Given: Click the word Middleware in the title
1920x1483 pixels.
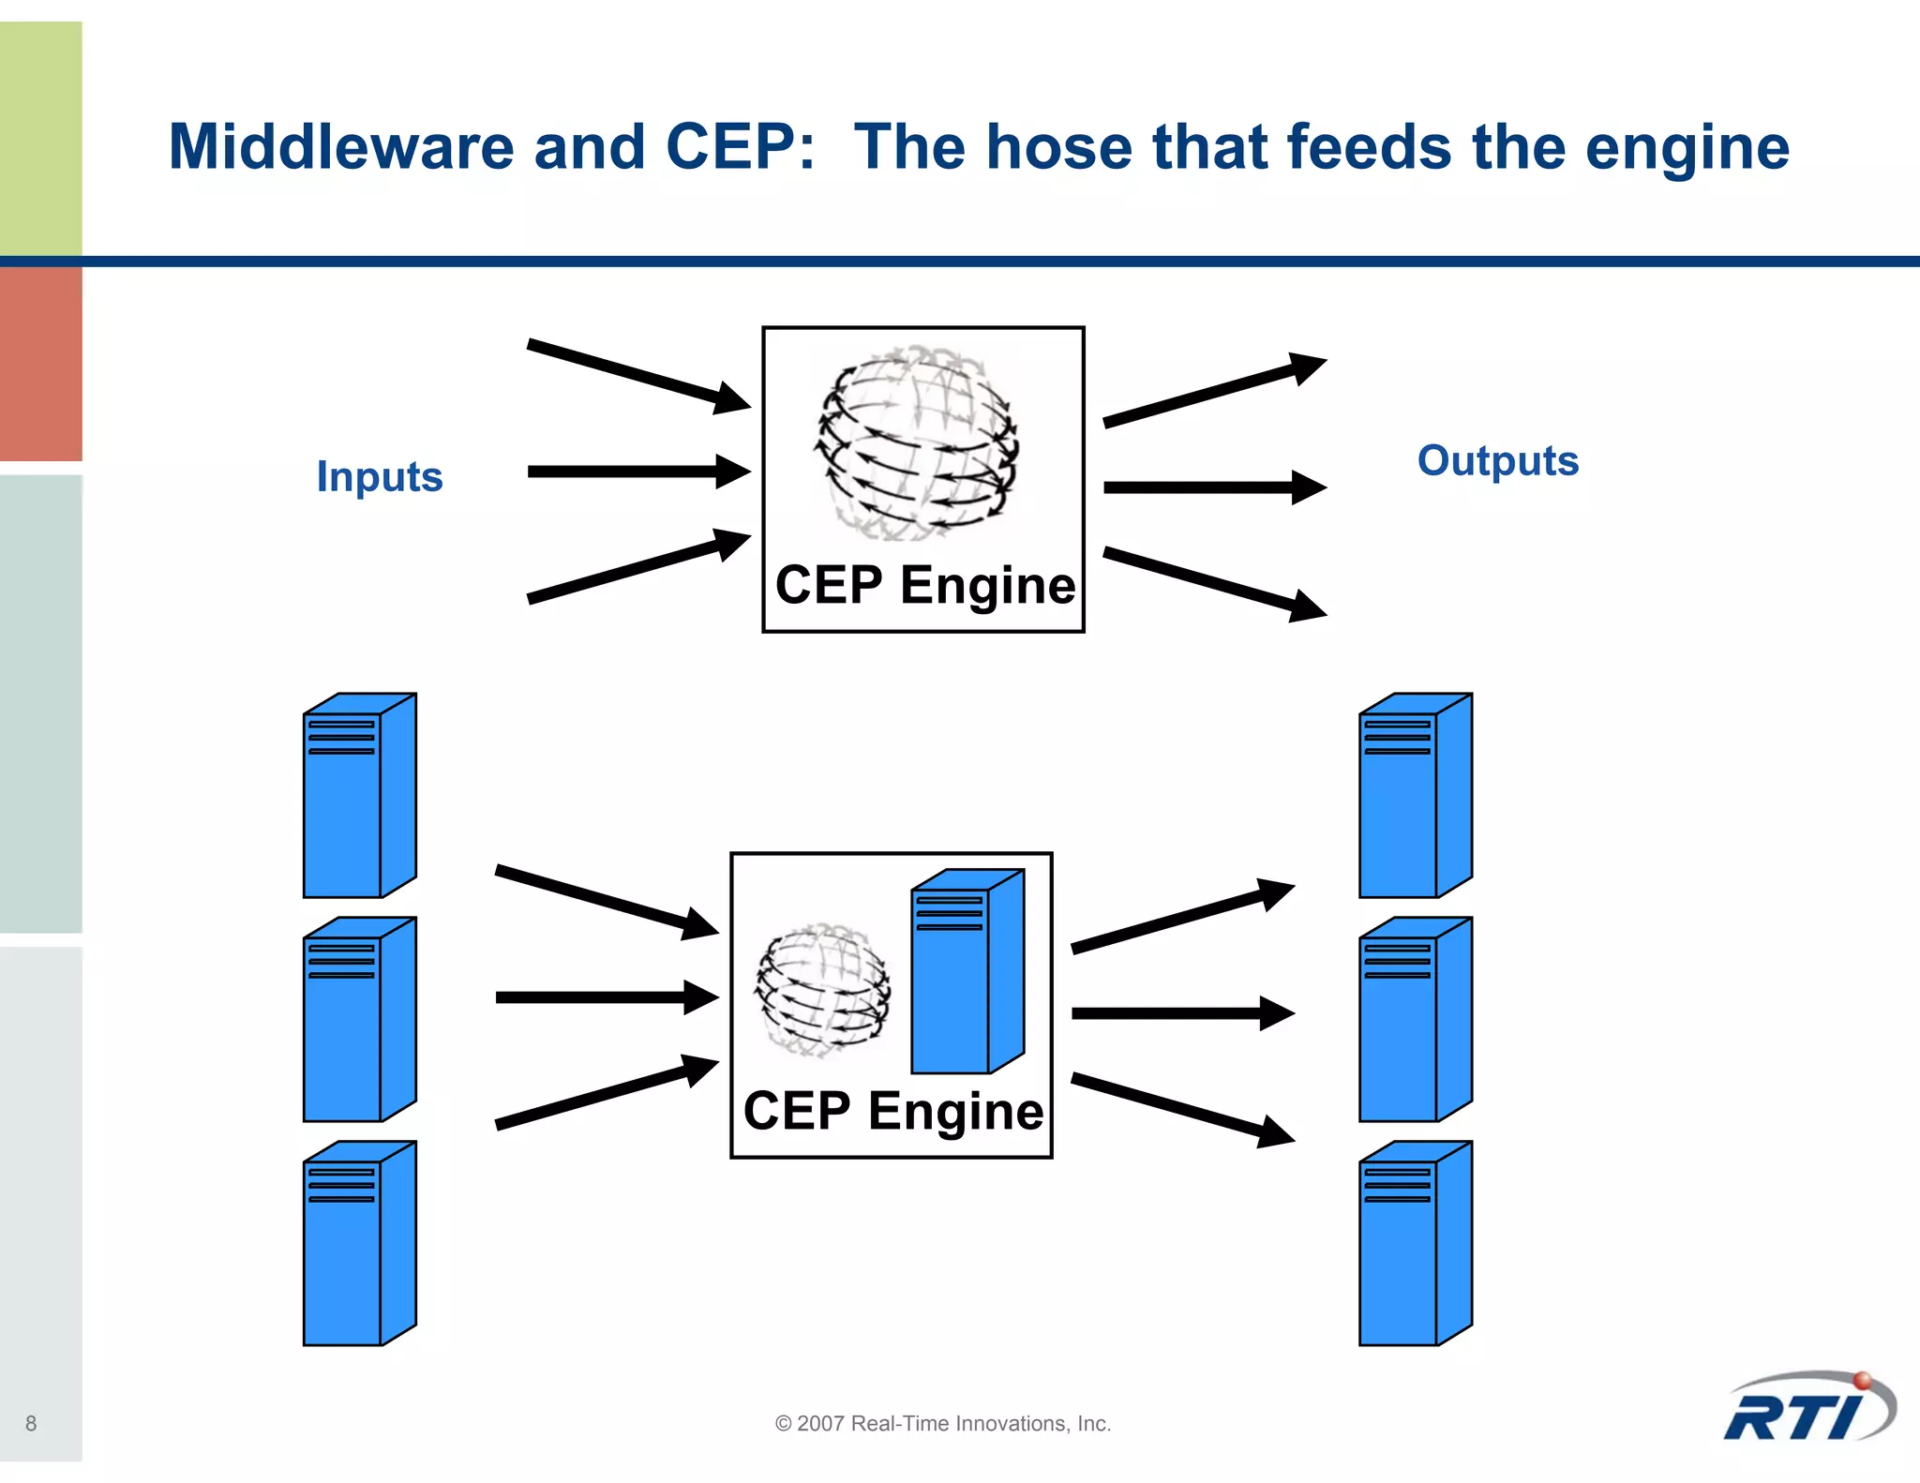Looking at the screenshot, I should point(340,147).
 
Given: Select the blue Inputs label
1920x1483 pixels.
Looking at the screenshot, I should point(380,476).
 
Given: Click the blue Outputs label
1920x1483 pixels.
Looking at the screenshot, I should point(1497,460).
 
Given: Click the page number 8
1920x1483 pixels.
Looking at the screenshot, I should point(31,1423).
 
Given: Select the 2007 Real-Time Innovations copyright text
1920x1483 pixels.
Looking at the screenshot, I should point(942,1423).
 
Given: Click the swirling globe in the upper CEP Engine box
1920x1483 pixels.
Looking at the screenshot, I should point(916,442).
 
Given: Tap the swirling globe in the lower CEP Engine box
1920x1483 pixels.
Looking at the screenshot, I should point(823,989).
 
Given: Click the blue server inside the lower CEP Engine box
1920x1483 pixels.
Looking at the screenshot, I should point(966,973).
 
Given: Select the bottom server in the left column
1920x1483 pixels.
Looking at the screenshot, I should point(358,1244).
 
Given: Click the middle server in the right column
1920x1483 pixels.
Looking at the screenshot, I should point(1415,1020).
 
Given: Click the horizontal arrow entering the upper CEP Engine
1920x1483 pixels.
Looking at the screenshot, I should point(637,472).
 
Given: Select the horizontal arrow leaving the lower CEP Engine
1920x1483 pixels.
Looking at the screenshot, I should point(1181,1013).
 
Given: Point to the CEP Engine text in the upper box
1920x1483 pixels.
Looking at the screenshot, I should point(924,586).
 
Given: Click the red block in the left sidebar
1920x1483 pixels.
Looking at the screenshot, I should point(40,364).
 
